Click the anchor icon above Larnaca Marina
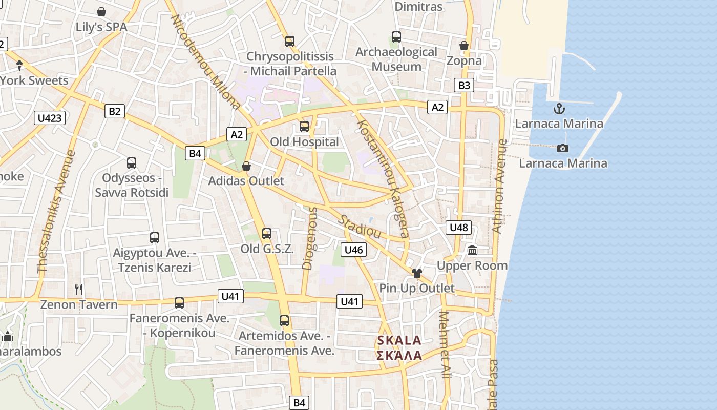[559, 109]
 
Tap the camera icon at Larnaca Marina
[563, 148]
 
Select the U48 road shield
[458, 227]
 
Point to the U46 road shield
[353, 250]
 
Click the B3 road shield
[464, 85]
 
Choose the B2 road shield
[115, 111]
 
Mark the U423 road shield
[50, 118]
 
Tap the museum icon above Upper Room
[472, 251]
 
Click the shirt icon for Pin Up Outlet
[417, 273]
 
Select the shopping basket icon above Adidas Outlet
[246, 166]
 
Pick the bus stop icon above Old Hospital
[304, 126]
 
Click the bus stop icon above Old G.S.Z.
[267, 234]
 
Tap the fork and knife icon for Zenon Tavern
[79, 290]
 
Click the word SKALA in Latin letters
[399, 340]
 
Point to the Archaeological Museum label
[396, 59]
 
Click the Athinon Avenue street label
[499, 187]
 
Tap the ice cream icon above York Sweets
[19, 65]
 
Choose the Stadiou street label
[360, 226]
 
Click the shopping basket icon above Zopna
[464, 46]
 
